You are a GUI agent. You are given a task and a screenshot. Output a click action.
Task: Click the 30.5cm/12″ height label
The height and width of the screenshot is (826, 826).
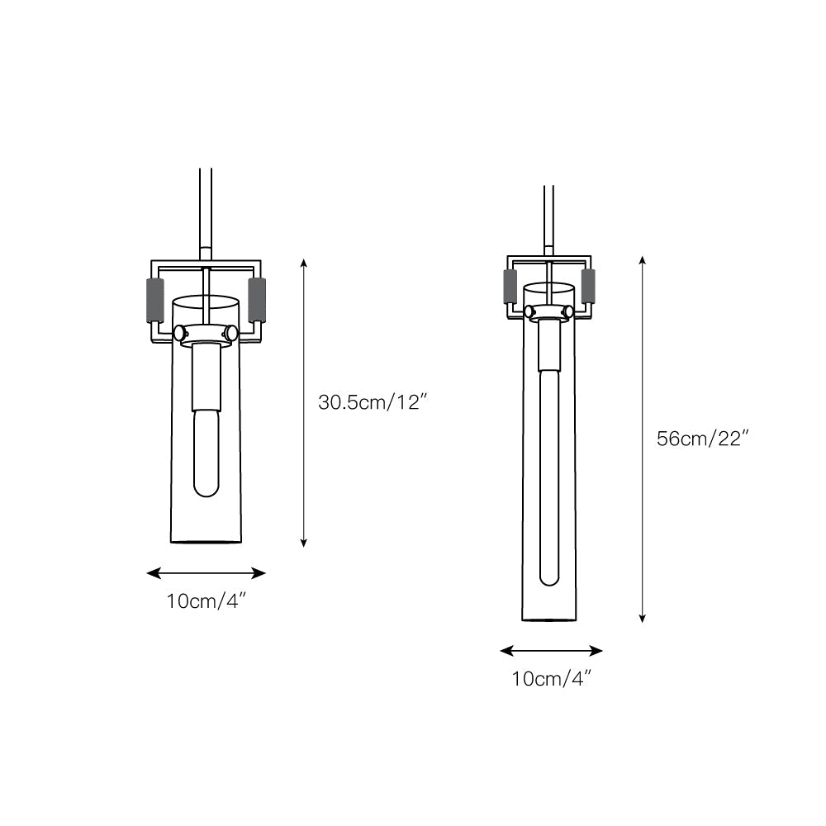tap(372, 402)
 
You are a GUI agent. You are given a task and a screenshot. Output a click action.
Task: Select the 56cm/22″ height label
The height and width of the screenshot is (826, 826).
tap(703, 439)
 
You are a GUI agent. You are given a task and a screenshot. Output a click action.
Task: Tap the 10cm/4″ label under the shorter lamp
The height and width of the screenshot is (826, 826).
tap(206, 601)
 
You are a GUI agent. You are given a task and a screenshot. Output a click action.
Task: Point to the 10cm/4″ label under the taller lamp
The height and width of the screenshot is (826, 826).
tap(552, 678)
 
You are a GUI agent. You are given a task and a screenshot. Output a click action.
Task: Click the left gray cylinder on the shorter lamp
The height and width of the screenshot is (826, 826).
tap(155, 301)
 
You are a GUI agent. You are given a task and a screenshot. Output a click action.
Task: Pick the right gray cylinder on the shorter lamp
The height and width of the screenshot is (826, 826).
tap(257, 301)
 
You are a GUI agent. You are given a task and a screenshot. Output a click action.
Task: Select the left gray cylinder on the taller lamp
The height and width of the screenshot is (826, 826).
tap(510, 287)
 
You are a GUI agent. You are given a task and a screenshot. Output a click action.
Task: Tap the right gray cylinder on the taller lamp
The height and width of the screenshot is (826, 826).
tap(588, 287)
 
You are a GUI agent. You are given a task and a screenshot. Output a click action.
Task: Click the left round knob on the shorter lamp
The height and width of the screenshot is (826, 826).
tap(180, 333)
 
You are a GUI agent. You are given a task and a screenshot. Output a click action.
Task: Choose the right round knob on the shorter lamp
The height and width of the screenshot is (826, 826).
tap(230, 333)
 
